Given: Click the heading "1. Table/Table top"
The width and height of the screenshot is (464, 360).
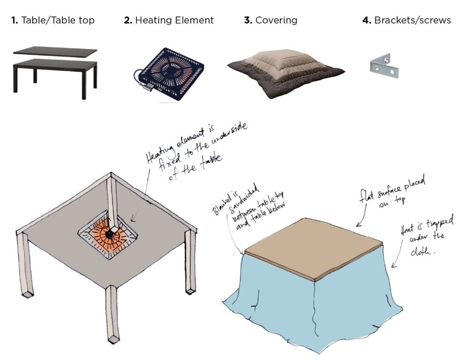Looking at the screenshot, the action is pos(53,20).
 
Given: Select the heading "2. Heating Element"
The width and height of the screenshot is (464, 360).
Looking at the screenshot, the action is pos(169,20).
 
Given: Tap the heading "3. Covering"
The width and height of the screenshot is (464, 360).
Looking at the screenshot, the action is pos(271,20).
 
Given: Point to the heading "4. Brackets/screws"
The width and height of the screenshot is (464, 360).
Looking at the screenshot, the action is pos(406,20).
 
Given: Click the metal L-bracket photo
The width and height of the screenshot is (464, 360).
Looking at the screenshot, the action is pos(384,66).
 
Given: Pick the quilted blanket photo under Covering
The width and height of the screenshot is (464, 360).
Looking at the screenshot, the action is pos(285,73).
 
